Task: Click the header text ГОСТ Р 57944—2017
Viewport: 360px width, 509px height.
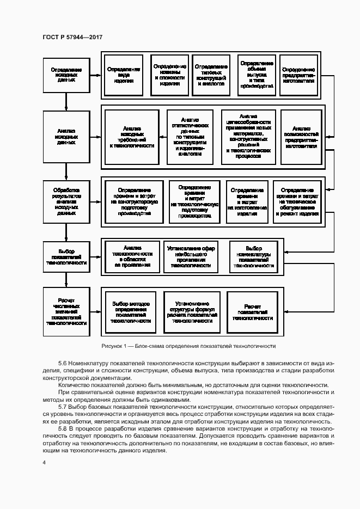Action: (72, 37)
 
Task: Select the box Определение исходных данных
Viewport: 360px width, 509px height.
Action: (66, 75)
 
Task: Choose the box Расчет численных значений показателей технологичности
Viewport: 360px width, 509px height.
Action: (66, 311)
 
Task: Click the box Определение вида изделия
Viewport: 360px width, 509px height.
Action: (124, 75)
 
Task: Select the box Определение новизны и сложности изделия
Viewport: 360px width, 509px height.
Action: (170, 75)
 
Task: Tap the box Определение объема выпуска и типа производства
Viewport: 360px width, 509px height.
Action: (256, 75)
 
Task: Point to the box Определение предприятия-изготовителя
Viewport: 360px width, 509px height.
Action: (298, 75)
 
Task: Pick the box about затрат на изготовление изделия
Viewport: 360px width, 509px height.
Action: (247, 202)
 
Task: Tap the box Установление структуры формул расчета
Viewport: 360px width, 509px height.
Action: (192, 312)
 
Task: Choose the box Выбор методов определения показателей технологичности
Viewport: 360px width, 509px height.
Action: (131, 312)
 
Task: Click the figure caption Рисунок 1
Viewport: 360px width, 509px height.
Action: (188, 346)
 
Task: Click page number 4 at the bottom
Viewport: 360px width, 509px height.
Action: (44, 463)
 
